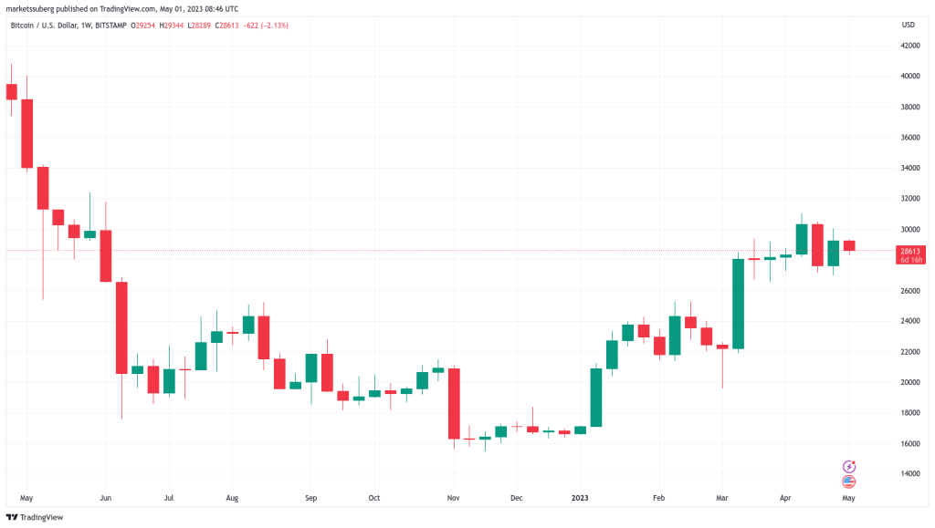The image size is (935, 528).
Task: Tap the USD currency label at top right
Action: [x=908, y=23]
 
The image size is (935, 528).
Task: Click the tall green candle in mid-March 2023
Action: [x=739, y=304]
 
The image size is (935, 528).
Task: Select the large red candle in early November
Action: [x=454, y=403]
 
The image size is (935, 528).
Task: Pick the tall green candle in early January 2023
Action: [x=596, y=397]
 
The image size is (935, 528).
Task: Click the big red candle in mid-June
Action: [x=121, y=327]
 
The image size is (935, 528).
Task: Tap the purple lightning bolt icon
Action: [x=848, y=466]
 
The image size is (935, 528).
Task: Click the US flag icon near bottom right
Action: [x=848, y=481]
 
